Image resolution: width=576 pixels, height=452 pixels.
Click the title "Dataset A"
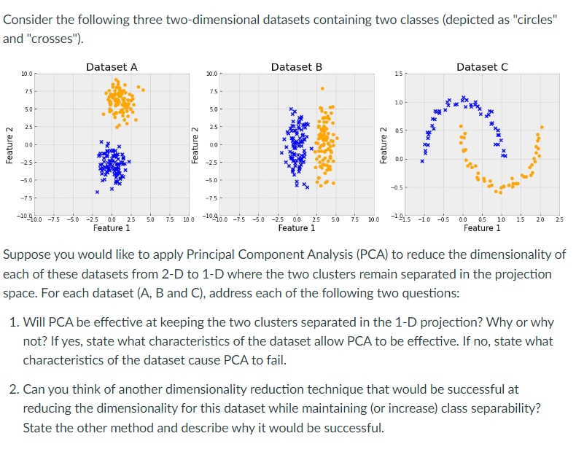point(112,66)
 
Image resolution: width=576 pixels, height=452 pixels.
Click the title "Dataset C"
point(482,66)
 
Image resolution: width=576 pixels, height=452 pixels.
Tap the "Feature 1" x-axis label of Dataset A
point(112,228)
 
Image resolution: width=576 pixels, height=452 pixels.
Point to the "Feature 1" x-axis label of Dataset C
point(482,228)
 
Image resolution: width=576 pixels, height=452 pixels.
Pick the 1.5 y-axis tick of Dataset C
point(397,74)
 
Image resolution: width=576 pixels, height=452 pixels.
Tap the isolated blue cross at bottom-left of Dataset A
point(96,192)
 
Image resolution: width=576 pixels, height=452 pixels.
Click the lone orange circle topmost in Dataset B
point(322,89)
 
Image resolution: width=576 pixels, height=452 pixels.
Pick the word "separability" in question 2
point(506,408)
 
